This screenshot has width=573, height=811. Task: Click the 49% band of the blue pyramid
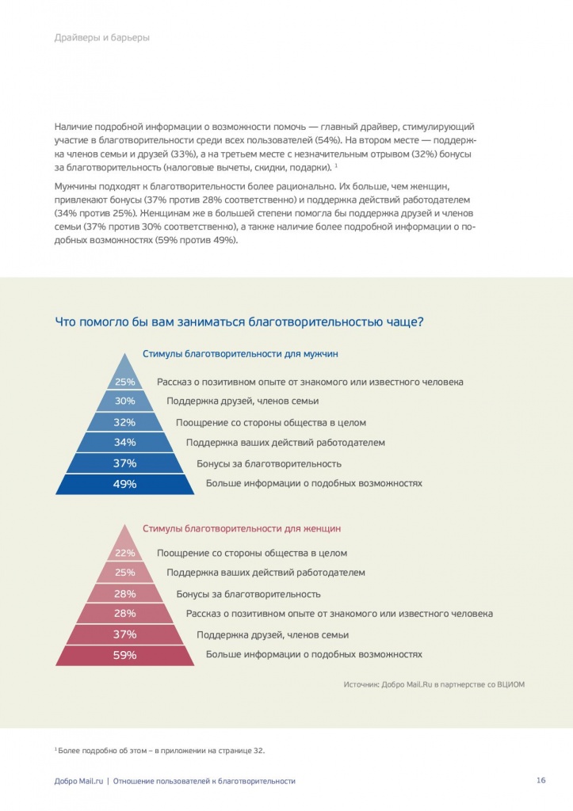pos(125,484)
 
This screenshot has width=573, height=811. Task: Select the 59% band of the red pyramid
pos(125,655)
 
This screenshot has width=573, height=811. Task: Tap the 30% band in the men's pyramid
pos(125,402)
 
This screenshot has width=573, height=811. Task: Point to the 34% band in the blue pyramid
pos(125,443)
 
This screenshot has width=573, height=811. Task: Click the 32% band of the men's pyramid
pos(125,422)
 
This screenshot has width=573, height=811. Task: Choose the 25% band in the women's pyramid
pos(125,573)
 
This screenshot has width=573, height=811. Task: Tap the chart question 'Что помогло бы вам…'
pos(239,322)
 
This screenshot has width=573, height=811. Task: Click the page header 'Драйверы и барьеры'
pos(102,37)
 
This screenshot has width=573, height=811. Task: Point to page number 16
pos(541,780)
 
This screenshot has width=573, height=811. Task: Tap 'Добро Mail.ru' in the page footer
pos(78,781)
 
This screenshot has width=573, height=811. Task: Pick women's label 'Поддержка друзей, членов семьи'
pos(273,635)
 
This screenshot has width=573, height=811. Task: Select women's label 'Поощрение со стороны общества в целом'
pos(252,554)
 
